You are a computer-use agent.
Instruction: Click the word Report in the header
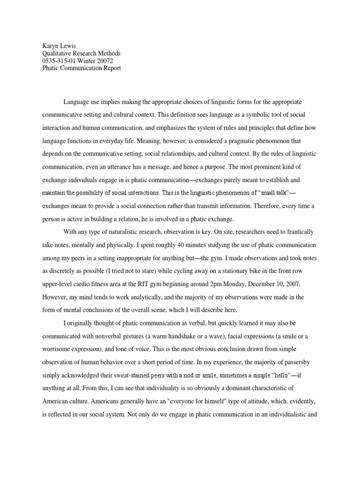click(x=110, y=68)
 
